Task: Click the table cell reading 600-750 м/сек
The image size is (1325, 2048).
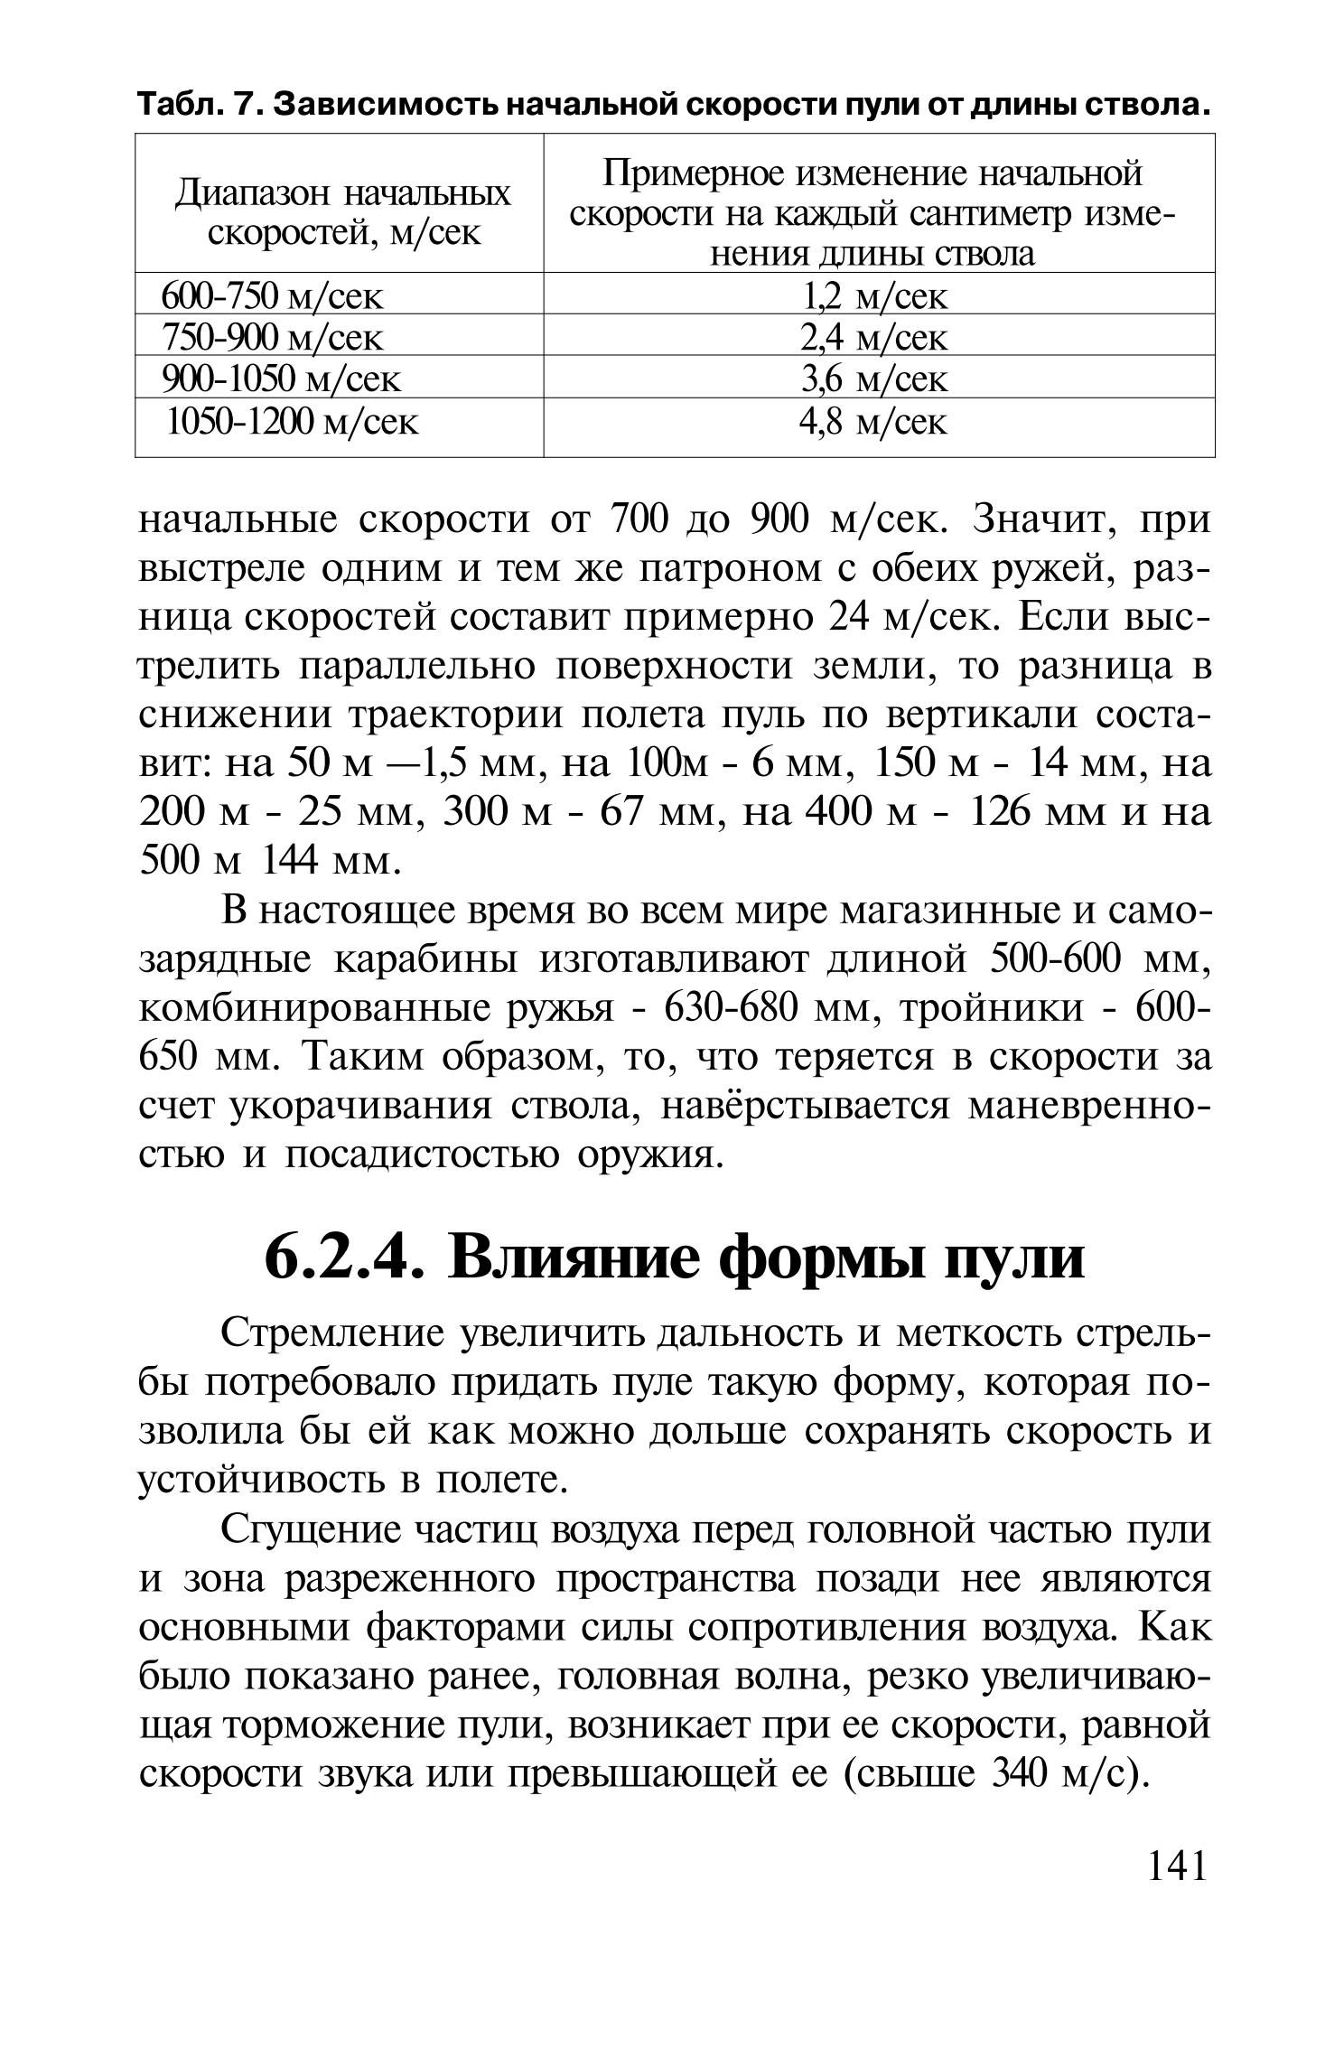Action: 272,295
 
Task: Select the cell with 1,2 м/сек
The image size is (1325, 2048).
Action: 874,295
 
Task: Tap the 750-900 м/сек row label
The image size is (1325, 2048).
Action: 272,337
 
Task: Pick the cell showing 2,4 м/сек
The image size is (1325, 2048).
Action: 874,337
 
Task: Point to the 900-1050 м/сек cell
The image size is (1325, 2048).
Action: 280,379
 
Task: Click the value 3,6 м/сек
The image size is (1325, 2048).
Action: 874,379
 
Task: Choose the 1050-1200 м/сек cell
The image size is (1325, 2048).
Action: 293,421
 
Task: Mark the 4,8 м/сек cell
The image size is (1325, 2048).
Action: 874,421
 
